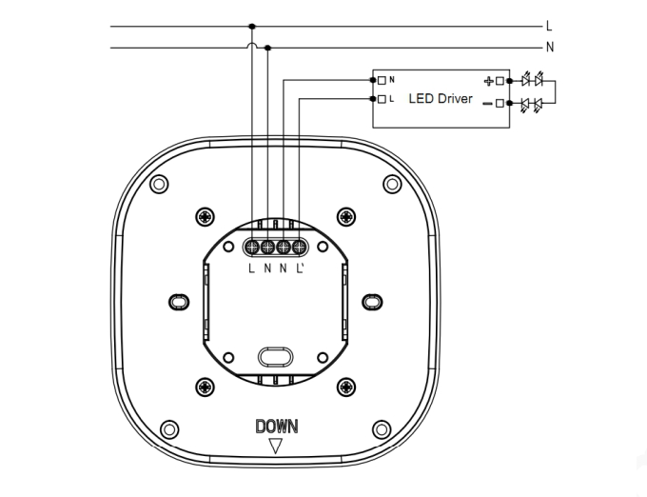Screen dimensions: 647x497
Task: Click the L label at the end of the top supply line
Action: pyautogui.click(x=549, y=27)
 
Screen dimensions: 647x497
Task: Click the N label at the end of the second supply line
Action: pyautogui.click(x=550, y=48)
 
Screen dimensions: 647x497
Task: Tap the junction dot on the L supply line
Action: pyautogui.click(x=252, y=27)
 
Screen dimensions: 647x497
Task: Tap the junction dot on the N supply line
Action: pyautogui.click(x=267, y=48)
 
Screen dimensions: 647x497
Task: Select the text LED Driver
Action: pyautogui.click(x=441, y=99)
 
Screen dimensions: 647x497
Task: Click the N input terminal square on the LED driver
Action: pyautogui.click(x=382, y=81)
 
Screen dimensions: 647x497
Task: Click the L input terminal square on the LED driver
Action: pyautogui.click(x=382, y=99)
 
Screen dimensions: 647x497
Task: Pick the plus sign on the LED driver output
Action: pyautogui.click(x=488, y=81)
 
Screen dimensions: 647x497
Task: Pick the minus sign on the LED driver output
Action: pyautogui.click(x=487, y=103)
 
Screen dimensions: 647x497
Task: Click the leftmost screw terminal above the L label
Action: pyautogui.click(x=252, y=248)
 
